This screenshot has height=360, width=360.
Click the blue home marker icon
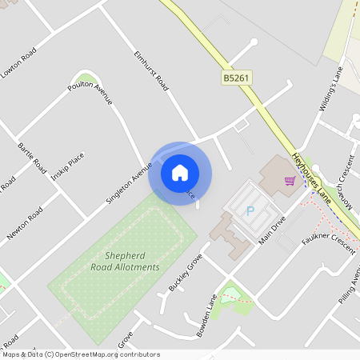[180, 173]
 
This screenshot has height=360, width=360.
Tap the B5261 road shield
[237, 78]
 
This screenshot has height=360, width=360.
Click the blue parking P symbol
[250, 211]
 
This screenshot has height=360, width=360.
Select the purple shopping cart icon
[290, 181]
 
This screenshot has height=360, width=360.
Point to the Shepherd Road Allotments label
[125, 262]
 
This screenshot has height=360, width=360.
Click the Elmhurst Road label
[150, 71]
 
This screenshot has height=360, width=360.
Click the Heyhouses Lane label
[311, 175]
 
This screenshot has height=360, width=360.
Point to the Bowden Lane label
[207, 315]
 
